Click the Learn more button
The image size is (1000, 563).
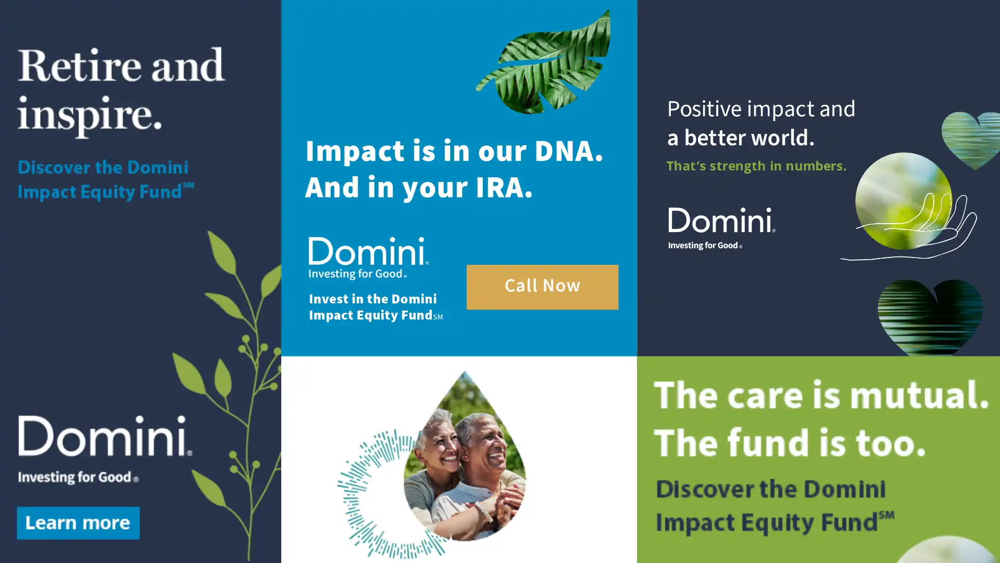[x=78, y=523]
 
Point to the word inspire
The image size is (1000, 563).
[x=90, y=116]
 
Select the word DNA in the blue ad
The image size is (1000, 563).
[x=568, y=151]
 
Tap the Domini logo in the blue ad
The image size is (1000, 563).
[x=368, y=258]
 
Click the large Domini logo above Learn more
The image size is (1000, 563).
[x=105, y=449]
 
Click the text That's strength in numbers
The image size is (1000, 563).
[x=756, y=166]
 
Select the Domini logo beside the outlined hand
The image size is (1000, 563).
[x=721, y=228]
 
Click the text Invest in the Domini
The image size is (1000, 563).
[x=373, y=299]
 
